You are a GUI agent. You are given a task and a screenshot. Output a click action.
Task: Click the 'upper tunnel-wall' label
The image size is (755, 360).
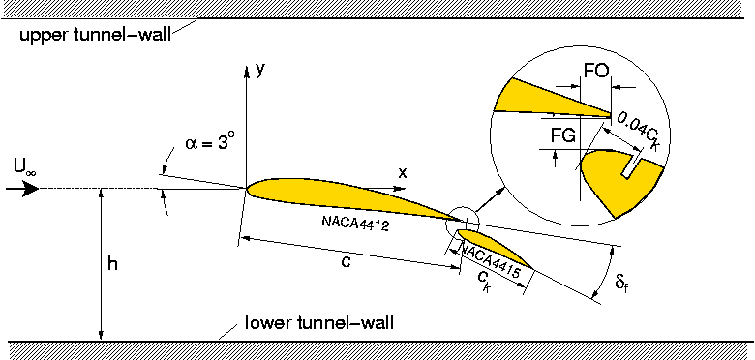click(x=95, y=35)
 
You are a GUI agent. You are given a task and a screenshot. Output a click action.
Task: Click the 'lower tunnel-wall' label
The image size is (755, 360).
click(x=319, y=322)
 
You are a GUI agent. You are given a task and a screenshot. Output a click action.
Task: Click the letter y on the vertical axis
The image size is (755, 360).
click(x=260, y=72)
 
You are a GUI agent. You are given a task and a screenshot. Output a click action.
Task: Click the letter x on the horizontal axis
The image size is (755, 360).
click(x=403, y=172)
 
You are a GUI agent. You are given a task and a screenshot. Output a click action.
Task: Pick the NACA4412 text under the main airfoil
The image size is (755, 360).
click(x=355, y=224)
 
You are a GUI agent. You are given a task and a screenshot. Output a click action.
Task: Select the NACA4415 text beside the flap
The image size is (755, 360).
click(x=489, y=260)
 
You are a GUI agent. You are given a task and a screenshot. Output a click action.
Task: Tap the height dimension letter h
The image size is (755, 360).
click(x=112, y=264)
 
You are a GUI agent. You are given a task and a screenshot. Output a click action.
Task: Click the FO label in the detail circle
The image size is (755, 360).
click(x=596, y=71)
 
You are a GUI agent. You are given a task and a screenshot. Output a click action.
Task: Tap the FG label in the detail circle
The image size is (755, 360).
click(x=563, y=136)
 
